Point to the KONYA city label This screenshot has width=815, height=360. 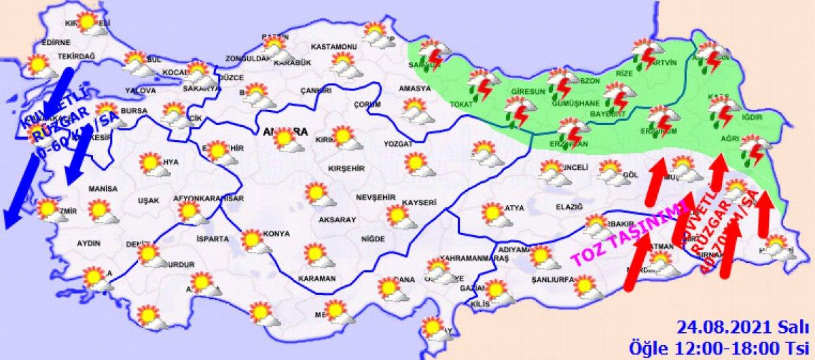point(276,233)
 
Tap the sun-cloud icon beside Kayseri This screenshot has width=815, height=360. point(400,217)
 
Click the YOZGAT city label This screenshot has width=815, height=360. point(398,144)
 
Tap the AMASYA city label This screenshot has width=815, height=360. point(415,89)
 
